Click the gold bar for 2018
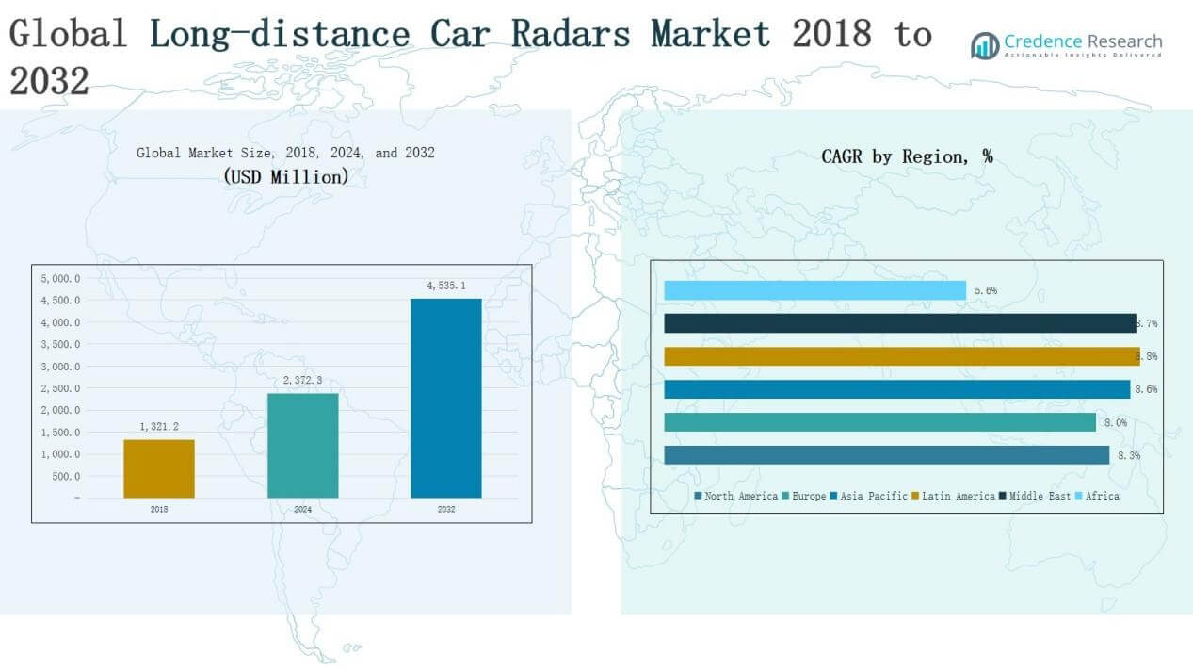pos(159,468)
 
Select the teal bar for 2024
pos(302,445)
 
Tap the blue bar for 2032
pos(445,398)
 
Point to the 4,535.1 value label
pos(445,286)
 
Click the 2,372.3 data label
pos(302,380)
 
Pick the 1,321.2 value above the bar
pos(159,426)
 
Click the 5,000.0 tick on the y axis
pos(60,279)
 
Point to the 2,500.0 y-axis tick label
pos(60,388)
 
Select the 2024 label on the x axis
pos(302,509)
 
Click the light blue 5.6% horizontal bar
pos(814,290)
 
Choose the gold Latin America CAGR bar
pos(901,356)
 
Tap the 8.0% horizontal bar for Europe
pos(879,422)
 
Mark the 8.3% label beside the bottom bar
pos(1129,455)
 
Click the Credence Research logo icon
pos(985,45)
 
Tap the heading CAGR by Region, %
pos(907,156)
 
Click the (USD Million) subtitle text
pos(285,176)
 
